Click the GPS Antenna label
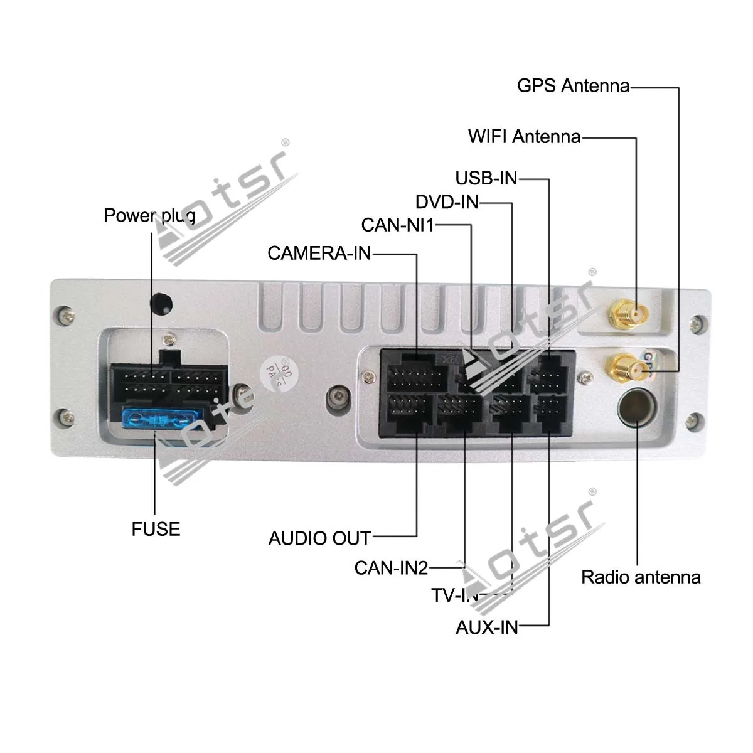573,85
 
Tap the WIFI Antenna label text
524,136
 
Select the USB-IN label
486,178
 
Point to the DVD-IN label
447,202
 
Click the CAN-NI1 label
397,225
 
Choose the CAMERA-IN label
319,253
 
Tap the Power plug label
149,216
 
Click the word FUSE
156,529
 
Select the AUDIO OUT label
319,538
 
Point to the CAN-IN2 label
391,568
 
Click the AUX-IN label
487,627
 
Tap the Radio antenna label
641,577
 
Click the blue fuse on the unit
159,418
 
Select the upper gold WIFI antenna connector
629,312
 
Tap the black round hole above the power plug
161,303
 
